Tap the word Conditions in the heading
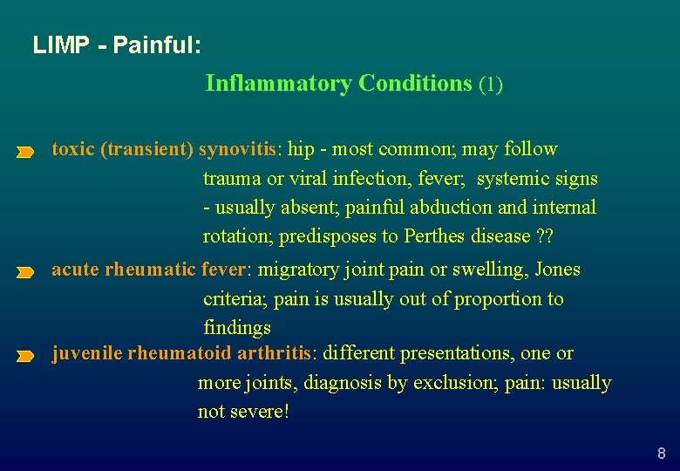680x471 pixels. pos(415,84)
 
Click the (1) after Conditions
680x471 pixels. pos(491,85)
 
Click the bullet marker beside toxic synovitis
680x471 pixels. pos(24,153)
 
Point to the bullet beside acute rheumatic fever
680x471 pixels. pos(24,273)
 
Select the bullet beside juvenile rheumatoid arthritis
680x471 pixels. pos(24,357)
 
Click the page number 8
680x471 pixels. pos(661,454)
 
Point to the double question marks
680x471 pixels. pos(547,236)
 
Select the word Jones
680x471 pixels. pos(557,270)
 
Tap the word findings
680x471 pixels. pos(237,328)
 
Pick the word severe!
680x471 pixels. pos(260,412)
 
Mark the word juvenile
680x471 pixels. pos(86,353)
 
